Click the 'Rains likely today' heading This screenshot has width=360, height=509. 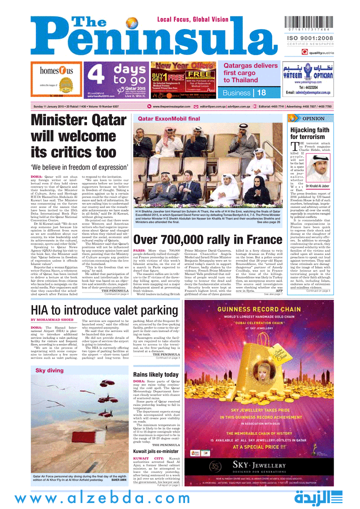155,374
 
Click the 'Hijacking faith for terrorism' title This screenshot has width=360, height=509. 310,133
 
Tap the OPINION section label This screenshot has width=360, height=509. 313,118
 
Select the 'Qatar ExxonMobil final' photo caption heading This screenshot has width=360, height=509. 168,119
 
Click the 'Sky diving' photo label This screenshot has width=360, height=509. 49,370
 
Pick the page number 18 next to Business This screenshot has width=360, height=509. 261,92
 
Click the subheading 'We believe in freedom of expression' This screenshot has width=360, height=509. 79,167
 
